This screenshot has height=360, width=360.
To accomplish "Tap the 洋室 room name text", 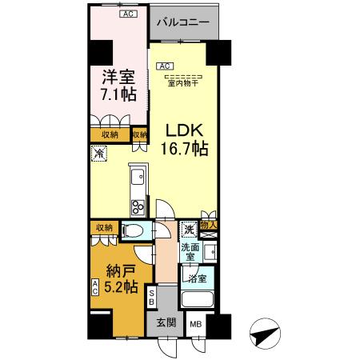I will [118, 78].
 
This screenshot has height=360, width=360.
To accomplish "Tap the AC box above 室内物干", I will [163, 66].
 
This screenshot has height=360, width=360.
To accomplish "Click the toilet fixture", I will [134, 232].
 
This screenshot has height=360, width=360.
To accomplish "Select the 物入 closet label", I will [210, 226].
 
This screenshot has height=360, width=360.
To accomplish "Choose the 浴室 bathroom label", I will [197, 279].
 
